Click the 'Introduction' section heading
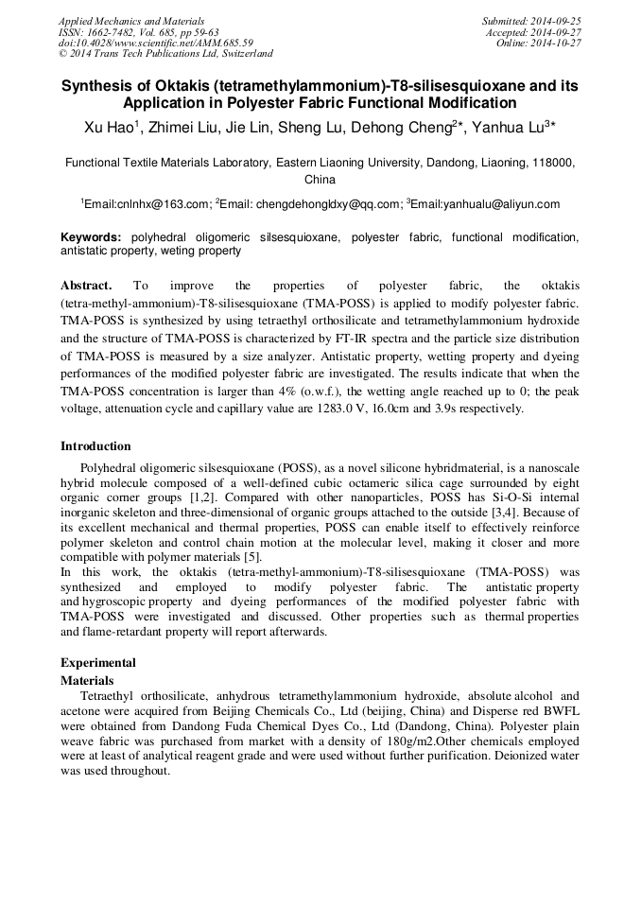coord(95,446)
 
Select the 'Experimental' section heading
coord(98,663)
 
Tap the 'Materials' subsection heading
coord(87,680)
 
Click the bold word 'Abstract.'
coord(86,286)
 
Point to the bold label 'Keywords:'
coord(91,237)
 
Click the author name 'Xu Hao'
coord(108,126)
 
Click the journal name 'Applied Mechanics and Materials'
coord(131,20)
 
